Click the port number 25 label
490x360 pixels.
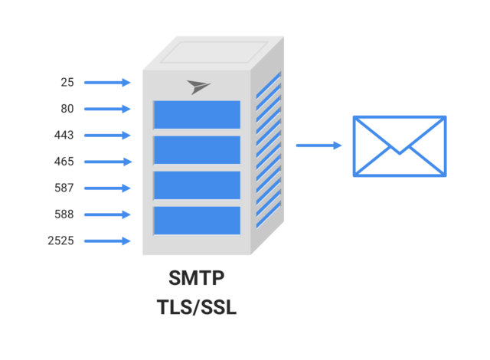point(67,82)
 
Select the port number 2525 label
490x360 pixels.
point(60,241)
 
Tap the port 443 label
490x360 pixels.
point(64,135)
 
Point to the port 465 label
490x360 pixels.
point(64,162)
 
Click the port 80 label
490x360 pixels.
point(67,109)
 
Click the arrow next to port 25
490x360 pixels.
point(107,82)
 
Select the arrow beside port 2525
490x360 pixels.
point(107,241)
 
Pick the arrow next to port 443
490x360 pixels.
point(107,136)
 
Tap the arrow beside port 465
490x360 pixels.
point(107,162)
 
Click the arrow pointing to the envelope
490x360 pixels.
point(318,145)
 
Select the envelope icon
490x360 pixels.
point(399,146)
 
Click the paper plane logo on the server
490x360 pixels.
point(198,86)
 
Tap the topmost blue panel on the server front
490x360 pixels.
point(197,115)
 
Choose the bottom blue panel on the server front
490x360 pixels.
point(197,220)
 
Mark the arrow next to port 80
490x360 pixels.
point(107,109)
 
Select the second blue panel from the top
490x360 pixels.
point(197,150)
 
